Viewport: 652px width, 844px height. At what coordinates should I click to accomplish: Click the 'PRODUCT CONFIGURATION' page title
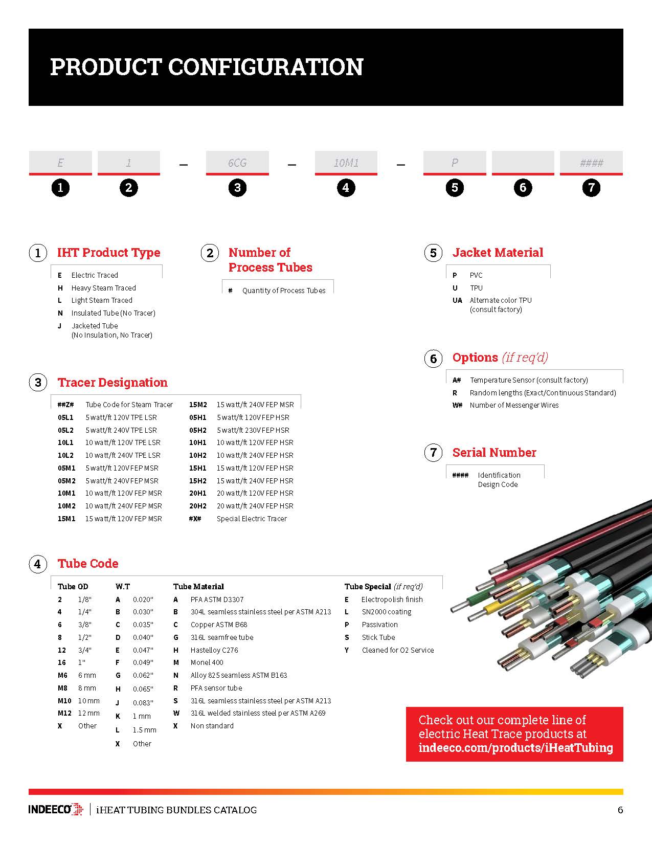207,67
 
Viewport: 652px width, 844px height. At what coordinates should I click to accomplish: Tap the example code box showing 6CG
237,163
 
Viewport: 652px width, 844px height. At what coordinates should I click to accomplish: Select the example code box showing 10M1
346,163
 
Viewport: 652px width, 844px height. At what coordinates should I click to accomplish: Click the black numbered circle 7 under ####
591,188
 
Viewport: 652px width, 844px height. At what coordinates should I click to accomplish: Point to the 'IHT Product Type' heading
108,253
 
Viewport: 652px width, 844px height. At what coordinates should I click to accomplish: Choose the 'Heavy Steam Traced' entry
103,288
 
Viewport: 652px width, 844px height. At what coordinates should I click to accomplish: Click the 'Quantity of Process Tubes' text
284,291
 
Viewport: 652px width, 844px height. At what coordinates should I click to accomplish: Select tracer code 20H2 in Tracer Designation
197,506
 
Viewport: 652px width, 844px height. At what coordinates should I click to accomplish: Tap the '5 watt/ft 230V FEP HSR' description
253,430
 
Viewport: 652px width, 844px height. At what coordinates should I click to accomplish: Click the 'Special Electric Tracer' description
252,519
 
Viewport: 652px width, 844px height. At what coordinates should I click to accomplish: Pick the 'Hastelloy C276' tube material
214,650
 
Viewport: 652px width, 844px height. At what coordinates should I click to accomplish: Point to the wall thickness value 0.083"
143,703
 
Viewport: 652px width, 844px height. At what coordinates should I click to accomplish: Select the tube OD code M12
64,713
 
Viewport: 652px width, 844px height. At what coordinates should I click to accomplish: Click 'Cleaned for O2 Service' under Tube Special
397,650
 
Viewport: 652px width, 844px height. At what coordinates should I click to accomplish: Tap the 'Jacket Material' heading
498,253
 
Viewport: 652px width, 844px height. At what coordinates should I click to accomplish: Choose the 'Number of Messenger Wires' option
514,405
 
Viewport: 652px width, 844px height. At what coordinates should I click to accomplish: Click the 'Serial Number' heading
494,453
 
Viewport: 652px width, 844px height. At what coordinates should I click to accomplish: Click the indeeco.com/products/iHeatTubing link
515,748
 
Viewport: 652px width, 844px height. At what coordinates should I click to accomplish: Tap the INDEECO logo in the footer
55,810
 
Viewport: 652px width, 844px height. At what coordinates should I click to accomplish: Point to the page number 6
620,810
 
